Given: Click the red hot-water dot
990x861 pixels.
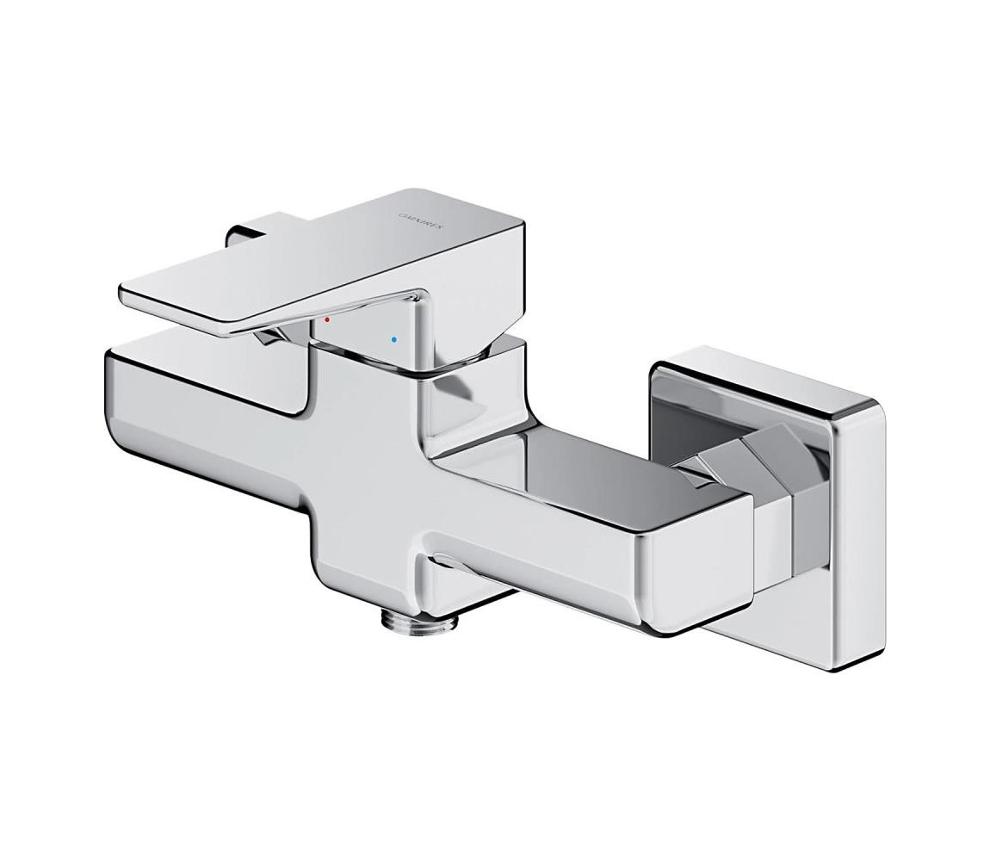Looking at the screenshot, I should pyautogui.click(x=327, y=319).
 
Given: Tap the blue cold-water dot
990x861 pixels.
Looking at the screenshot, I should pyautogui.click(x=394, y=340).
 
